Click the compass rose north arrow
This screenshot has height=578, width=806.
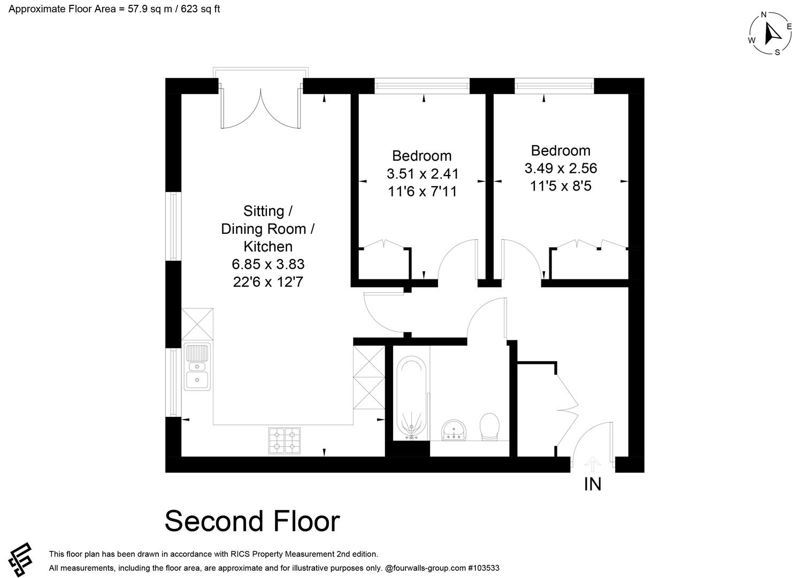[772, 34]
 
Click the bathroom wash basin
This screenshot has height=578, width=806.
[454, 430]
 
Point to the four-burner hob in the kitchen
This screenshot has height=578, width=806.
[284, 440]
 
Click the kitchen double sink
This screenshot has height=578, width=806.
[197, 367]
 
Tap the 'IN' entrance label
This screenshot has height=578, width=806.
[593, 484]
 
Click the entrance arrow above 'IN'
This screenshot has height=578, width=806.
[593, 463]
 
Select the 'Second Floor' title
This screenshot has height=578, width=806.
[252, 521]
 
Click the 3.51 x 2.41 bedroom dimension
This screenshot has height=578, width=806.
[423, 173]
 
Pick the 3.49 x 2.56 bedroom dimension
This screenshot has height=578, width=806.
[561, 168]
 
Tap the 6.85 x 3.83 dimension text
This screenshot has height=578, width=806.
[268, 264]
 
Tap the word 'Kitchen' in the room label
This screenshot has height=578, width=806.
[268, 246]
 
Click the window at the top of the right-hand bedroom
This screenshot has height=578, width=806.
[555, 85]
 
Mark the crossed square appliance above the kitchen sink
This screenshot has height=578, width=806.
[197, 324]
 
